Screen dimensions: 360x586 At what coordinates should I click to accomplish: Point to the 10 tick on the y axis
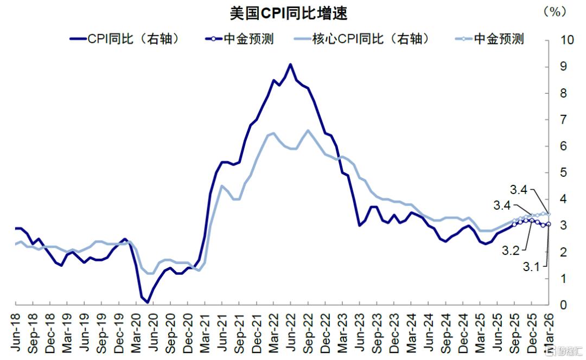[x=567, y=40]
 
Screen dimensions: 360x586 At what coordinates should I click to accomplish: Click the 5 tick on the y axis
[x=564, y=173]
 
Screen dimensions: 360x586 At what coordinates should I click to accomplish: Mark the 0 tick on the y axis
[x=564, y=305]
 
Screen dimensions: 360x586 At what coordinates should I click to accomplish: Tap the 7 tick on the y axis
[x=564, y=120]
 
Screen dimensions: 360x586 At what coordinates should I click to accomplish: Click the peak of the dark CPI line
[x=290, y=65]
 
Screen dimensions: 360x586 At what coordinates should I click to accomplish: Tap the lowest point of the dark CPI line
[x=148, y=303]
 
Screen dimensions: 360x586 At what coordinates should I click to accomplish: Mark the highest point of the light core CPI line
[x=308, y=130]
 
